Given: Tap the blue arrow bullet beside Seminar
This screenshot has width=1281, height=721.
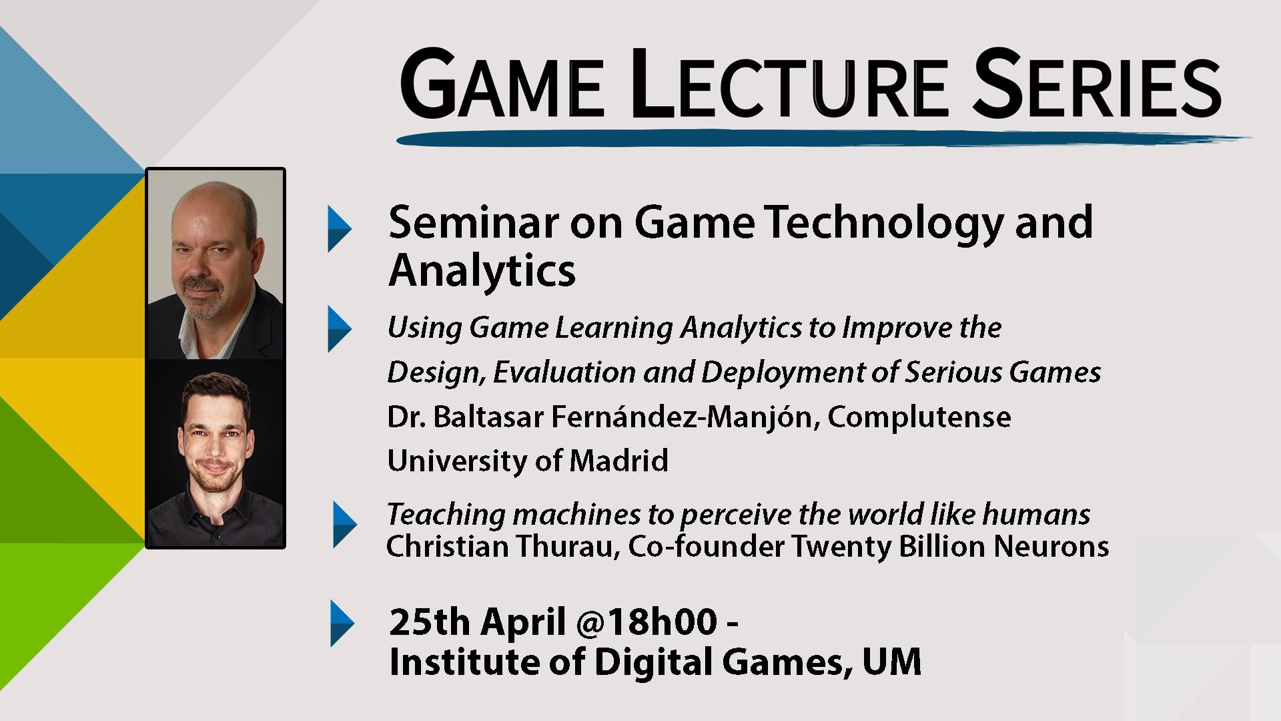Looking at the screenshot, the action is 340,229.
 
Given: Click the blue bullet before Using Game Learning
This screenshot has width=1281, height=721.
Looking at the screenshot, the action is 340,328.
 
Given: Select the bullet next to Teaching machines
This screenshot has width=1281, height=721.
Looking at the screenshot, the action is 345,525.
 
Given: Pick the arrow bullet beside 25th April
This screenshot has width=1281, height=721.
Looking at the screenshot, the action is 342,624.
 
